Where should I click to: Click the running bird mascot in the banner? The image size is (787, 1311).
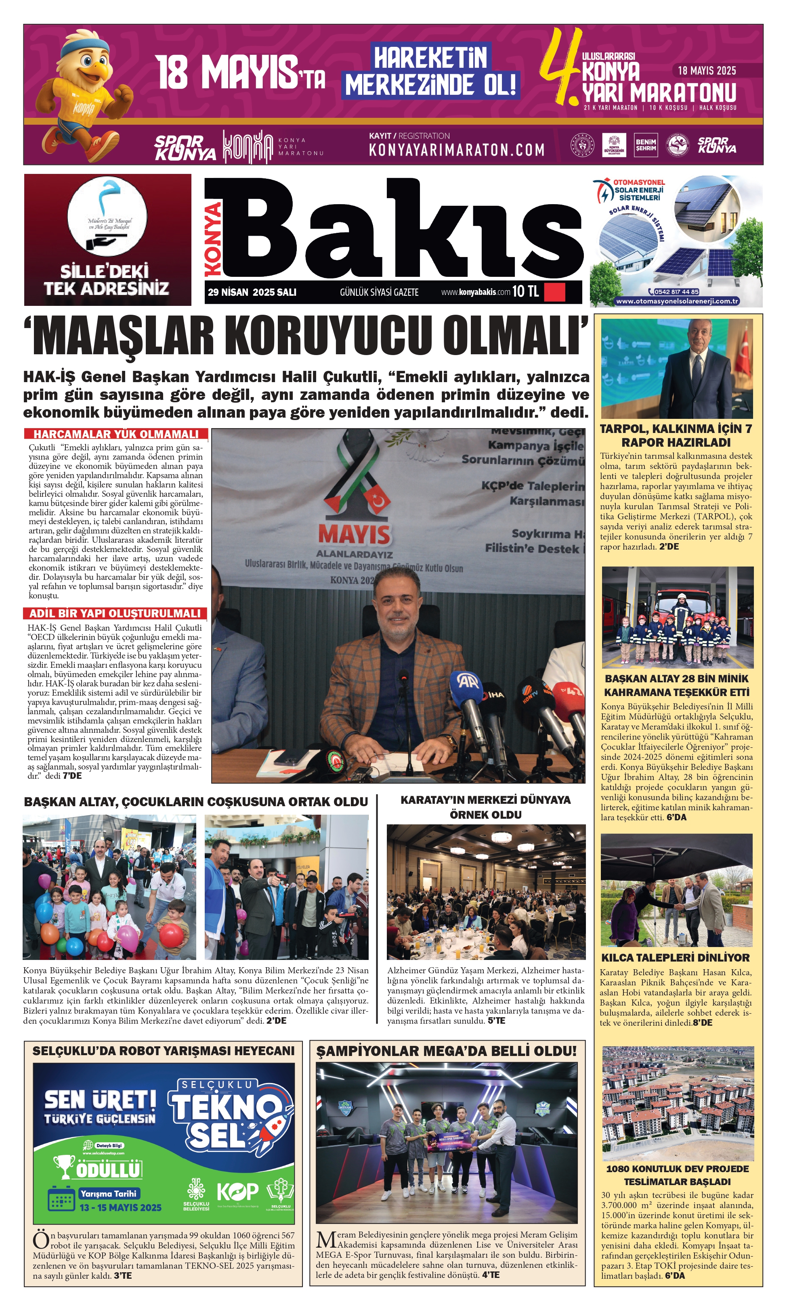pyautogui.click(x=85, y=95)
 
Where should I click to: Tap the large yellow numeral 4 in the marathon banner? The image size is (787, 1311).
pyautogui.click(x=560, y=66)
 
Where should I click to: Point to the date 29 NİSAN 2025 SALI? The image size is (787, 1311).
pyautogui.click(x=252, y=292)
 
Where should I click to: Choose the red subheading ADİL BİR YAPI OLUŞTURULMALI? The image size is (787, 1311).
pyautogui.click(x=115, y=613)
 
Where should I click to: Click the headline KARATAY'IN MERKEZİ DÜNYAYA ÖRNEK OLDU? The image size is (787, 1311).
pyautogui.click(x=486, y=807)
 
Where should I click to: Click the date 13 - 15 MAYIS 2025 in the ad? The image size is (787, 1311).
pyautogui.click(x=120, y=1208)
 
